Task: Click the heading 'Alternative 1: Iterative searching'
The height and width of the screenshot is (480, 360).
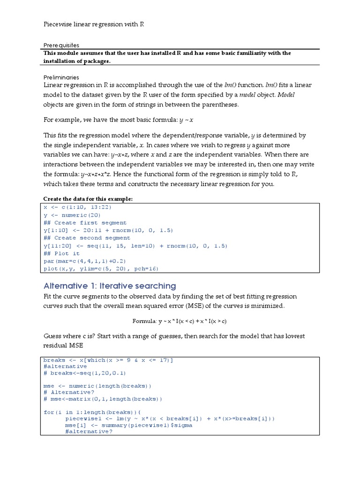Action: pos(110,285)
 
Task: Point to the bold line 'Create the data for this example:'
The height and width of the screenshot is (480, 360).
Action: pos(88,199)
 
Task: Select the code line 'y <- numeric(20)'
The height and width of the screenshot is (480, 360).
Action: pos(71,215)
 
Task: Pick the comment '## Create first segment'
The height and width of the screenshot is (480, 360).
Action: pos(85,223)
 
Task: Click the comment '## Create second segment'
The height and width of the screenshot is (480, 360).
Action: pos(87,238)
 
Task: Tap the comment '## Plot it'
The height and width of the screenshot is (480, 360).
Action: pos(61,254)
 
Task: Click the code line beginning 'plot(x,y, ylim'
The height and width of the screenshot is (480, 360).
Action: pos(101,269)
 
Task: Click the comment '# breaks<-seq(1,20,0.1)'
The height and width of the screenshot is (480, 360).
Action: pos(85,373)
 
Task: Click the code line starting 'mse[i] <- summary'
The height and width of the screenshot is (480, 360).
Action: pos(128,425)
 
